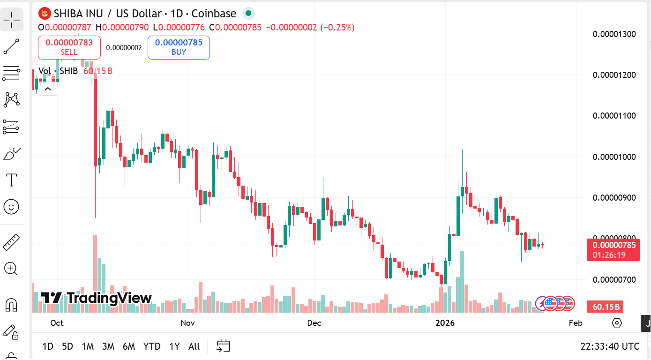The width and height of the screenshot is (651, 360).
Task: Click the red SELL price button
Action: pos(69,47)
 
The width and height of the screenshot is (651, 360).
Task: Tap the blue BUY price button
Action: pos(179,47)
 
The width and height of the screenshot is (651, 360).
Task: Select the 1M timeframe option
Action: pos(88,346)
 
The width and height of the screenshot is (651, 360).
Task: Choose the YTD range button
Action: pos(152,346)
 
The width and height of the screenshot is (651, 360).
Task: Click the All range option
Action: pos(194,346)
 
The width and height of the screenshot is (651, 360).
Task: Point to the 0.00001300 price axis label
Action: pos(614,34)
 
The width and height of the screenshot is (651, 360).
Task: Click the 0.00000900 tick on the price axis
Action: pos(614,197)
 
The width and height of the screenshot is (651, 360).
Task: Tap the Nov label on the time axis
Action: pos(187,323)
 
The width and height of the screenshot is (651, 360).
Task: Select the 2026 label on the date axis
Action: pos(445,323)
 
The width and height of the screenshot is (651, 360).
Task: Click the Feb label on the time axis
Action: pos(576,323)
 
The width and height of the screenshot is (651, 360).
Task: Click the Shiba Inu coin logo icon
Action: pos(45,13)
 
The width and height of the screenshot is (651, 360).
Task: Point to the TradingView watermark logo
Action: pos(96,298)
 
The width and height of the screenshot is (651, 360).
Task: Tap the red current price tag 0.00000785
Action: pos(614,245)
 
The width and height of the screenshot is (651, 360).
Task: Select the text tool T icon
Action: pos(11,180)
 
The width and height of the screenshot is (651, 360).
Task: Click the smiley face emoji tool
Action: pos(11,206)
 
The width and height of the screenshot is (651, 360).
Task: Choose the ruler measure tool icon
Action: pos(11,242)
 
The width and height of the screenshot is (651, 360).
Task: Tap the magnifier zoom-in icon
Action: pos(11,269)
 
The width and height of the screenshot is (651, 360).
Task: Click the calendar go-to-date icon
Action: pos(224,346)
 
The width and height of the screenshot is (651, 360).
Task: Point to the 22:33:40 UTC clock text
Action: pos(610,346)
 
